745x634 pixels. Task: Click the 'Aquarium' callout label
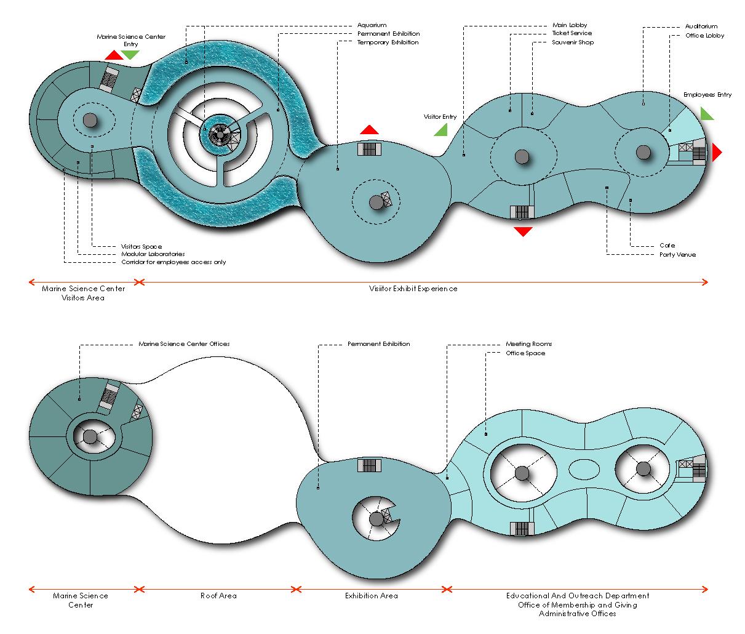click(372, 25)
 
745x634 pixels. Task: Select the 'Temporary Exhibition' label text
click(388, 42)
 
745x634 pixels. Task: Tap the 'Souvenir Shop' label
click(573, 42)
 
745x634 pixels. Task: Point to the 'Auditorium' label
click(701, 26)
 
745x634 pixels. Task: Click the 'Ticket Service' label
click(572, 33)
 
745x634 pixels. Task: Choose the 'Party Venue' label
click(677, 255)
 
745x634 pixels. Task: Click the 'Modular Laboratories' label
click(153, 254)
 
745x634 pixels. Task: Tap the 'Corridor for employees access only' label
click(173, 262)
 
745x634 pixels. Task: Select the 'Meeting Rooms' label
click(528, 344)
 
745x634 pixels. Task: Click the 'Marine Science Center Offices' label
click(184, 344)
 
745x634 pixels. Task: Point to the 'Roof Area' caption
click(218, 596)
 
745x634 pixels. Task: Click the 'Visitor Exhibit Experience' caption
click(413, 289)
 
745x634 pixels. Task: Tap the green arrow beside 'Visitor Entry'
click(442, 130)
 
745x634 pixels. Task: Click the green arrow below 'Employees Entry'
click(706, 114)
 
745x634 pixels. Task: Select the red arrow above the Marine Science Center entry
click(114, 55)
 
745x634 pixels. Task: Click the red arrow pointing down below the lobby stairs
click(524, 231)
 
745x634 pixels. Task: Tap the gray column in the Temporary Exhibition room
click(376, 203)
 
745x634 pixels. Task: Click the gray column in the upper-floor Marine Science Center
click(90, 437)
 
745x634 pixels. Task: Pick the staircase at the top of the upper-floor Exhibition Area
click(369, 465)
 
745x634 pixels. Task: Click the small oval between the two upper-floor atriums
click(584, 470)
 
